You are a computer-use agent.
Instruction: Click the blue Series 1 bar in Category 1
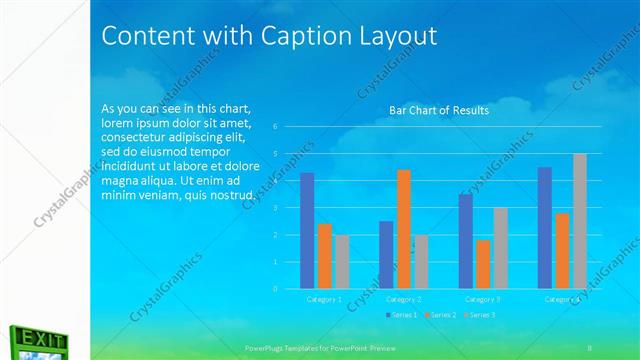(x=307, y=231)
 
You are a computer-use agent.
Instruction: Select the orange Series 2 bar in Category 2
(x=403, y=229)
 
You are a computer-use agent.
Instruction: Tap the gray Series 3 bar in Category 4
(x=580, y=221)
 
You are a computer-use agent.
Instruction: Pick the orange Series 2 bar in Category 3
(x=484, y=264)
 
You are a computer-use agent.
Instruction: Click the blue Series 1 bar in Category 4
(x=545, y=228)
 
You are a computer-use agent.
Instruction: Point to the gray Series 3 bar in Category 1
(x=342, y=262)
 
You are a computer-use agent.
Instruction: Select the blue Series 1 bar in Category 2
(x=386, y=255)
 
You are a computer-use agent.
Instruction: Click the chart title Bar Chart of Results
(x=439, y=110)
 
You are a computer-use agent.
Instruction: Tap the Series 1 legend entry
(x=403, y=315)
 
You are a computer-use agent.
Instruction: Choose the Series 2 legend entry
(x=443, y=315)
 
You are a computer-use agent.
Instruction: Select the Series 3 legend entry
(x=480, y=315)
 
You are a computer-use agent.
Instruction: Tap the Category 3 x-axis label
(x=483, y=299)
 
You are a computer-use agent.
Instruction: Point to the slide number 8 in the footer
(x=589, y=346)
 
